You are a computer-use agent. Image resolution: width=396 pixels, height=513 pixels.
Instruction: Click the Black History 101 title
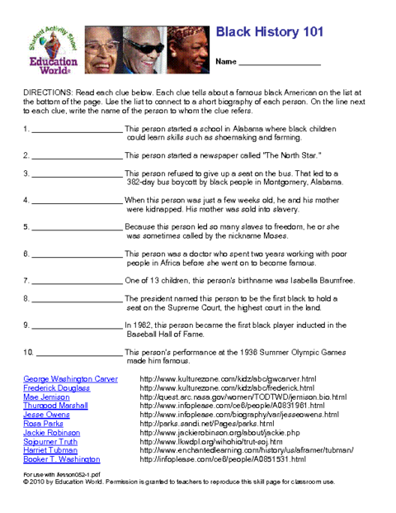pyautogui.click(x=269, y=31)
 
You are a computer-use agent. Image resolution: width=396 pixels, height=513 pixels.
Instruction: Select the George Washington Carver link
pyautogui.click(x=71, y=378)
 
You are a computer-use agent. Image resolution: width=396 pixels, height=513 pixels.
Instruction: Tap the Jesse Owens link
pyautogui.click(x=46, y=415)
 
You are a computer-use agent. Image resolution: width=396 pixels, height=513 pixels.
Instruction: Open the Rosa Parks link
pyautogui.click(x=44, y=424)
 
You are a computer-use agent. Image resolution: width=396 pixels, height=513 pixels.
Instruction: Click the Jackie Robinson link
pyautogui.click(x=51, y=433)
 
